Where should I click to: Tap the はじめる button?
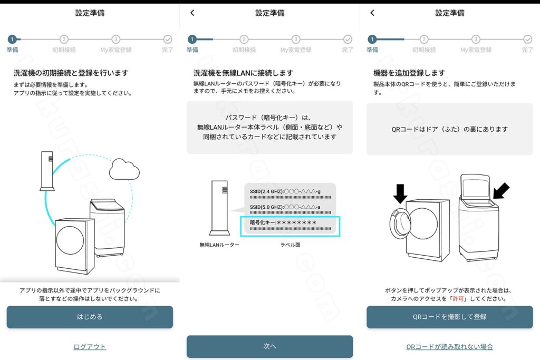point(90,317)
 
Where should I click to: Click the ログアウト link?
point(90,347)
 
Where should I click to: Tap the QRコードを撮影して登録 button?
point(449,317)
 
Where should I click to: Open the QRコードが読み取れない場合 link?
point(449,347)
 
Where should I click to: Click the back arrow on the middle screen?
point(192,13)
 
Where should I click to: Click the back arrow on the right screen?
point(372,13)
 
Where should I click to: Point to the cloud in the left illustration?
point(124,169)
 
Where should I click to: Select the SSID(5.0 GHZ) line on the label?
point(285,207)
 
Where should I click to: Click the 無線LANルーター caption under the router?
point(219,245)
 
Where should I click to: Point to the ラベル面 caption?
point(290,245)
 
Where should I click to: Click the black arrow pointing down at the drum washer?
point(400,193)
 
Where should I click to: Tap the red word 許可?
point(458,299)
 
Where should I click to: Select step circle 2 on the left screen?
point(64,39)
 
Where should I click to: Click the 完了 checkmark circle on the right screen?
point(527,39)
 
